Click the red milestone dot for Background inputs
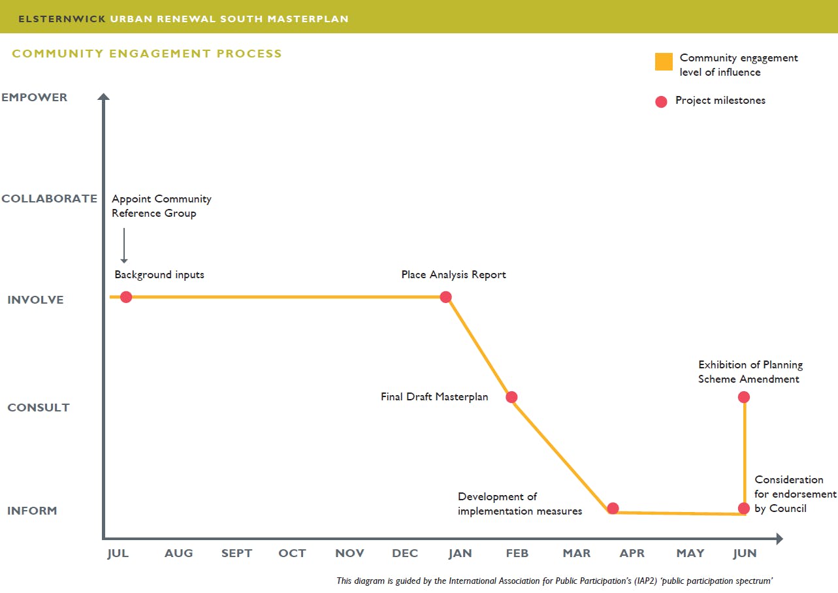(126, 297)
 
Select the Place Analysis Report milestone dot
(445, 297)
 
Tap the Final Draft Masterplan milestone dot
(511, 397)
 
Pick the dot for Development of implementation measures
(613, 508)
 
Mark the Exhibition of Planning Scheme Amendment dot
(743, 397)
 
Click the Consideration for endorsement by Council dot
(743, 508)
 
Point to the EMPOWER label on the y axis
(35, 97)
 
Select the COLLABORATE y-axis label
(50, 199)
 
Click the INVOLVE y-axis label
(36, 300)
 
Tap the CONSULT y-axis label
(39, 408)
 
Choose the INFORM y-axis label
(32, 511)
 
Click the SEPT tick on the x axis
(236, 553)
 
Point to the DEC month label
(405, 553)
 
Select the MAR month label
(577, 553)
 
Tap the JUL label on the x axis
(118, 553)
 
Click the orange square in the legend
(664, 62)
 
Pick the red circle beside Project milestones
(661, 101)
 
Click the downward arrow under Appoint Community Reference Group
(124, 246)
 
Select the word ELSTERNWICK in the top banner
(62, 19)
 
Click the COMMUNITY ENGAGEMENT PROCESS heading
(147, 54)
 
